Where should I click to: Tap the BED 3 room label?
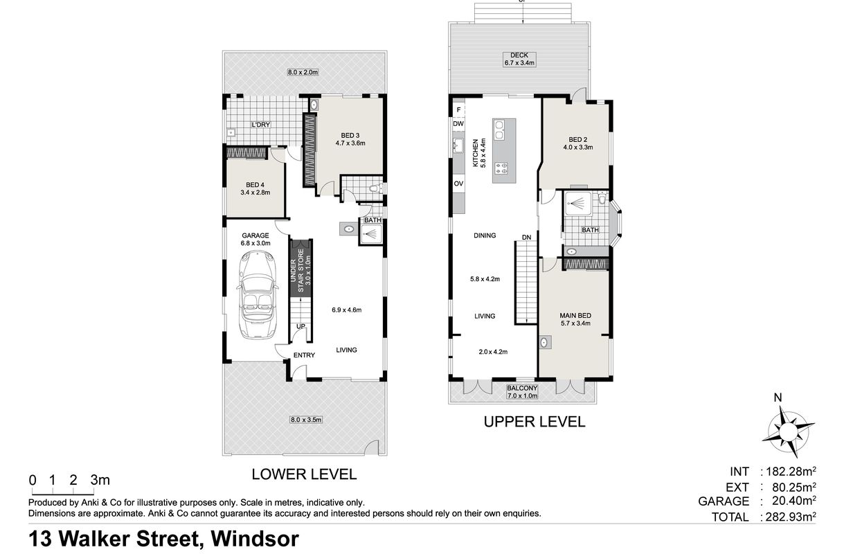(350, 139)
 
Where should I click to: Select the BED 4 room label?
(255, 188)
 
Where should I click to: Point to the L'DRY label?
(261, 125)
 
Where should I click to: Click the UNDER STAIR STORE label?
(300, 270)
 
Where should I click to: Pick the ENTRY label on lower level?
(304, 355)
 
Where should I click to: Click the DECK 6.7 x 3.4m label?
(519, 59)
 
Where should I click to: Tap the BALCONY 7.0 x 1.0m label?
(522, 392)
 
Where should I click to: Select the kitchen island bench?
(504, 151)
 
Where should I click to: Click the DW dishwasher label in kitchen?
(458, 124)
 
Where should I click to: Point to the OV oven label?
(458, 184)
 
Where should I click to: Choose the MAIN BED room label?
(575, 319)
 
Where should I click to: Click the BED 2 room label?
(578, 143)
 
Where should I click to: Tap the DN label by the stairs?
(526, 237)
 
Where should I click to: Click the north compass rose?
(787, 430)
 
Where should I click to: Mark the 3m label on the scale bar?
(100, 480)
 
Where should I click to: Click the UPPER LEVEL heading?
(535, 422)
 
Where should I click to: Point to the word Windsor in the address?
(255, 539)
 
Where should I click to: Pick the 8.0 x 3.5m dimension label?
(305, 420)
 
